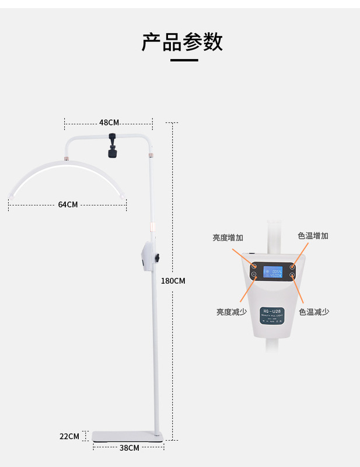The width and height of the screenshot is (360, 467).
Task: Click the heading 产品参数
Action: point(182,42)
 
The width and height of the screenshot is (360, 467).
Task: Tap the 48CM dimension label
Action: point(109,123)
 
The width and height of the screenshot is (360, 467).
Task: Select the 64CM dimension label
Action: point(68,204)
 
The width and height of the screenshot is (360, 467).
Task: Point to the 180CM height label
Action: point(173,281)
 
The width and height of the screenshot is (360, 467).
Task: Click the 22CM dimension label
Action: point(69,436)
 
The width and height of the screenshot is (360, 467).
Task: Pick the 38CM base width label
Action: point(129,448)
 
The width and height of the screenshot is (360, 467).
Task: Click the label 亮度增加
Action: point(228,238)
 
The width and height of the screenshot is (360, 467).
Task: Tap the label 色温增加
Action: point(313,236)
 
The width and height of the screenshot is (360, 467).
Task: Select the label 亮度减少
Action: point(232,312)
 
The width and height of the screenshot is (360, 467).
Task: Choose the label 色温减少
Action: point(314,312)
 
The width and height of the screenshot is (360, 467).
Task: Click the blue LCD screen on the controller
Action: point(272,273)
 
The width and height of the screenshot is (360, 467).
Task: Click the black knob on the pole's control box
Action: point(157,258)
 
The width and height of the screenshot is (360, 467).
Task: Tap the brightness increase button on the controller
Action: point(254,266)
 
